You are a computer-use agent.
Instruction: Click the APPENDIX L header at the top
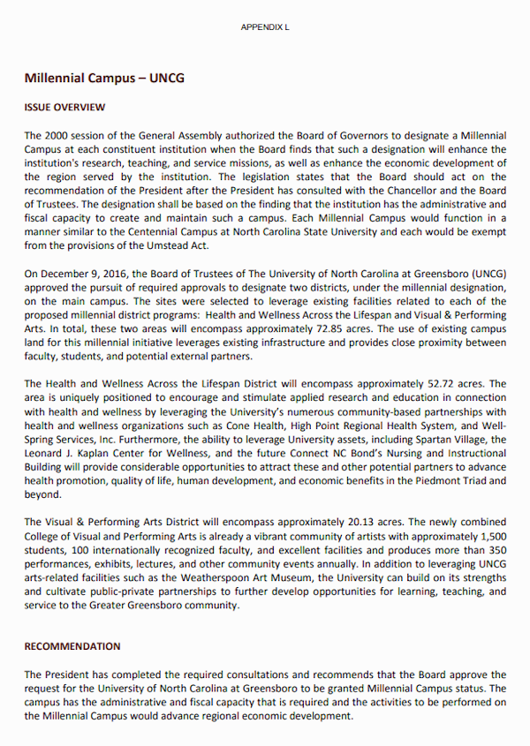pos(265,27)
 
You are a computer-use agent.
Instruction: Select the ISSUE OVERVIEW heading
pos(64,108)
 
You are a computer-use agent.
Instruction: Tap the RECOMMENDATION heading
pos(72,646)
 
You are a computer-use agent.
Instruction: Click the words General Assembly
pos(184,136)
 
